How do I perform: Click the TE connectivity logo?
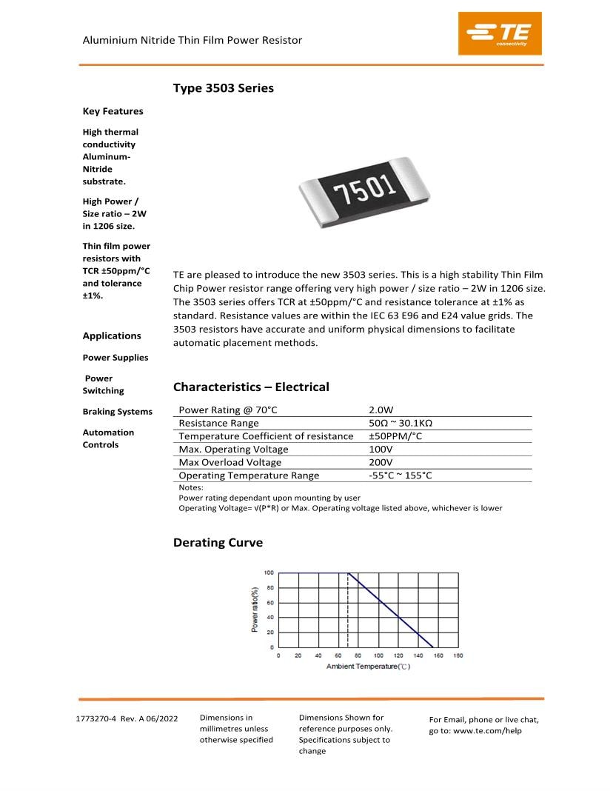pos(500,33)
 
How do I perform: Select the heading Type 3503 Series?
pos(223,88)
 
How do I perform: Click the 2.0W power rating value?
pos(381,410)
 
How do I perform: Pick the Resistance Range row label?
pos(218,423)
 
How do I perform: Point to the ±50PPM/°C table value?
pos(395,436)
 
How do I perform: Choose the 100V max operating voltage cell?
pos(381,450)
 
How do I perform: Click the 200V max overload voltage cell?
pos(381,462)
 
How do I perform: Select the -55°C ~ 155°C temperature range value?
pos(400,475)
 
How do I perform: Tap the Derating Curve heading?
pos(218,543)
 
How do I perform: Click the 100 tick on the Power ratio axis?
pos(269,573)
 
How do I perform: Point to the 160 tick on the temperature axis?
pos(438,655)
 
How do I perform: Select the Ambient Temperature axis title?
pos(368,667)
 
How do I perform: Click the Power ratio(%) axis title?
pos(255,610)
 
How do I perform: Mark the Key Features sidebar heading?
pos(113,111)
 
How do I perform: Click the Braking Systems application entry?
pos(117,412)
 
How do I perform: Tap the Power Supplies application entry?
pos(115,358)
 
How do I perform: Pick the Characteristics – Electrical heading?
pos(251,387)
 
